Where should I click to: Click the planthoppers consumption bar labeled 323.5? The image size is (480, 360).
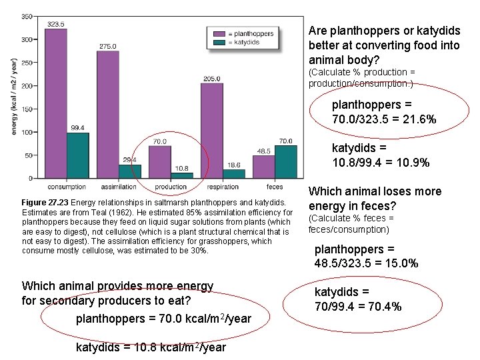pyautogui.click(x=56, y=103)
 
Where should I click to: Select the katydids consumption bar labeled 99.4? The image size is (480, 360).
pyautogui.click(x=77, y=155)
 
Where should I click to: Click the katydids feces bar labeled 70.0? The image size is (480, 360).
pyautogui.click(x=285, y=162)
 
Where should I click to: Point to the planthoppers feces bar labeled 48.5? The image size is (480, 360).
pyautogui.click(x=263, y=167)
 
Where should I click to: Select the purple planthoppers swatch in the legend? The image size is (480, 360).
pyautogui.click(x=219, y=33)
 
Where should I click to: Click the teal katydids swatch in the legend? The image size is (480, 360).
pyautogui.click(x=219, y=43)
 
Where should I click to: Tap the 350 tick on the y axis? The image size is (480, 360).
pyautogui.click(x=27, y=16)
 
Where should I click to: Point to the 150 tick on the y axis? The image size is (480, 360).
pyautogui.click(x=27, y=109)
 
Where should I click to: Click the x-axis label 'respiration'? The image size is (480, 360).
pyautogui.click(x=223, y=187)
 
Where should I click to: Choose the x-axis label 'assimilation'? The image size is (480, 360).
pyautogui.click(x=118, y=187)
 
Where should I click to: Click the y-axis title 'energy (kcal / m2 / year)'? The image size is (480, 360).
pyautogui.click(x=14, y=97)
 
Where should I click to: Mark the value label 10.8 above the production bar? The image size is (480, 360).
pyautogui.click(x=181, y=167)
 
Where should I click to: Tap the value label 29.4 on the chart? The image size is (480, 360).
pyautogui.click(x=129, y=160)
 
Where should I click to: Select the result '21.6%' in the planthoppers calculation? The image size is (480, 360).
pyautogui.click(x=421, y=119)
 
